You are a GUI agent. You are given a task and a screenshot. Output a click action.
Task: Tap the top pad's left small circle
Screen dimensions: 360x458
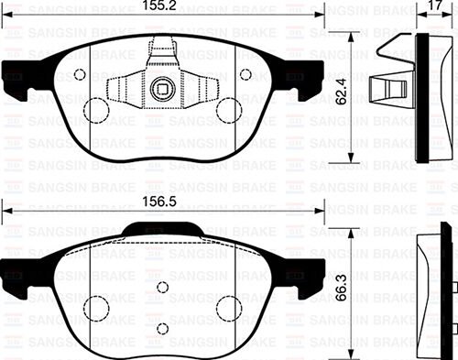80,75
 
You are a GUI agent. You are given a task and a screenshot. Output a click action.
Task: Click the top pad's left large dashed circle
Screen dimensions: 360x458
97,110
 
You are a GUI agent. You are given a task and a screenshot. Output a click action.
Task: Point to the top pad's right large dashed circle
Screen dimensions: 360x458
228,110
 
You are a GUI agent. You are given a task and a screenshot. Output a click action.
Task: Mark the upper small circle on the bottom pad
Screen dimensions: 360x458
162,288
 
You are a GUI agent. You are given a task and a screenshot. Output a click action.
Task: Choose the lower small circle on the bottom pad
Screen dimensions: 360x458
162,328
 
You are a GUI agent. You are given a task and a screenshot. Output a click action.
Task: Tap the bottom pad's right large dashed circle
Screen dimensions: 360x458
228,307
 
